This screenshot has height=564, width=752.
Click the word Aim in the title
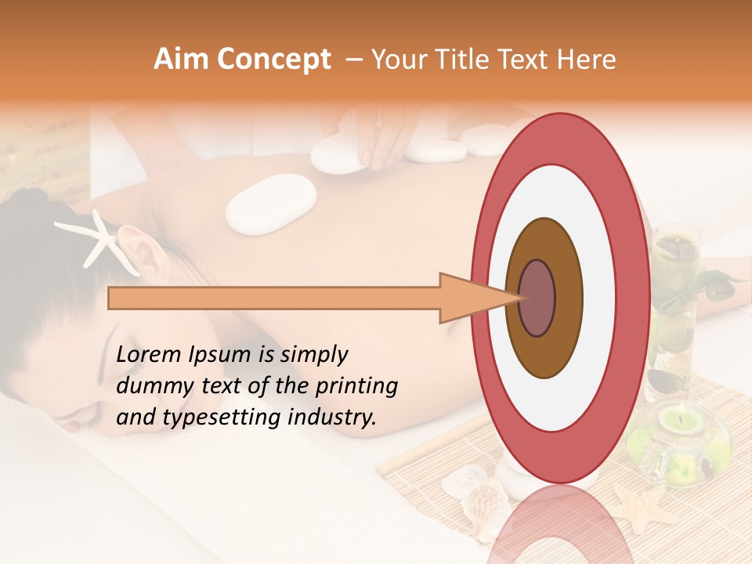[x=180, y=60]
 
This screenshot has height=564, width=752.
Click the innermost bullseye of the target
[x=537, y=298]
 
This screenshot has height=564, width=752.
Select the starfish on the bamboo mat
[x=638, y=506]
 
